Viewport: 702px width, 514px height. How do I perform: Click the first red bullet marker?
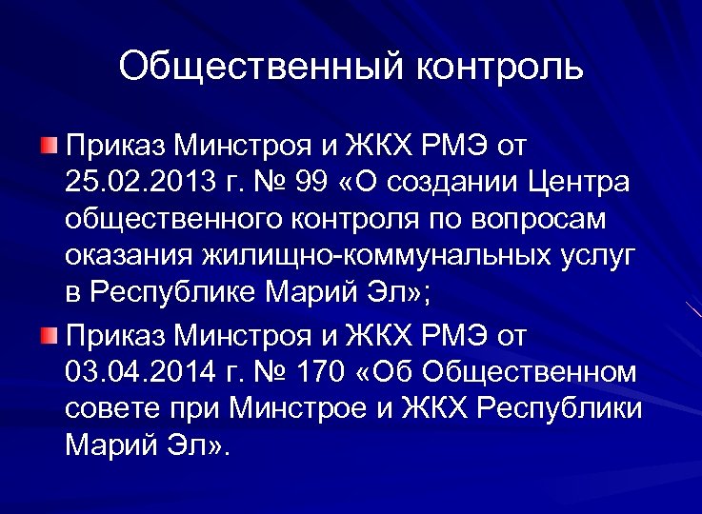50,145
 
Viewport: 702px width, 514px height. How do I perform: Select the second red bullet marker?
50,334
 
